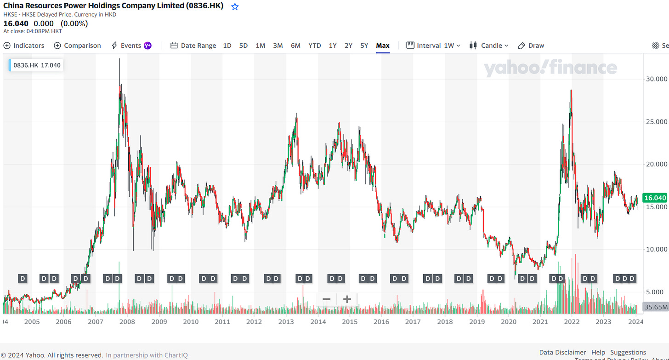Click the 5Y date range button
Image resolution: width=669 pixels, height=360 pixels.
pyautogui.click(x=364, y=46)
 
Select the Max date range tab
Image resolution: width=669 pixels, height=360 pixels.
pyautogui.click(x=382, y=46)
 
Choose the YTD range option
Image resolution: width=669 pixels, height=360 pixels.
pyautogui.click(x=314, y=46)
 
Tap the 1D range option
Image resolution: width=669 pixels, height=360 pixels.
pyautogui.click(x=227, y=46)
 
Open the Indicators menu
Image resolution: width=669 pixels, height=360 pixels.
pyautogui.click(x=24, y=46)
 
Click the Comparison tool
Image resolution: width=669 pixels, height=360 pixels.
pyautogui.click(x=77, y=46)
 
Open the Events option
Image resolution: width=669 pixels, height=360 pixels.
pyautogui.click(x=131, y=46)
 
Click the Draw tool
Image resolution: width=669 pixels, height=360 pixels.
pyautogui.click(x=531, y=46)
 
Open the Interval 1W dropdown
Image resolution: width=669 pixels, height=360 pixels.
pyautogui.click(x=433, y=46)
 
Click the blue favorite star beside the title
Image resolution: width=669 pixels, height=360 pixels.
pyautogui.click(x=235, y=7)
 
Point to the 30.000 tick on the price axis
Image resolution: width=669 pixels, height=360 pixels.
pyautogui.click(x=654, y=79)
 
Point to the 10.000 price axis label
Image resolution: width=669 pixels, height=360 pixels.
pyautogui.click(x=654, y=249)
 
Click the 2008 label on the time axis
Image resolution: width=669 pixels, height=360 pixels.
pyautogui.click(x=127, y=322)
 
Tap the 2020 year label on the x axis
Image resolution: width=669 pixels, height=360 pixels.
pyautogui.click(x=509, y=322)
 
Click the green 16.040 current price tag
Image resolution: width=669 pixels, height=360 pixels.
pyautogui.click(x=655, y=198)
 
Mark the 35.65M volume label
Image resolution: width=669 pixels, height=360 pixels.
pyautogui.click(x=655, y=307)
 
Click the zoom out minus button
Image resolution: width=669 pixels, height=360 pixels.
pyautogui.click(x=327, y=300)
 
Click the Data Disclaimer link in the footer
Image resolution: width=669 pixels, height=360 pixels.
pyautogui.click(x=562, y=352)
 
